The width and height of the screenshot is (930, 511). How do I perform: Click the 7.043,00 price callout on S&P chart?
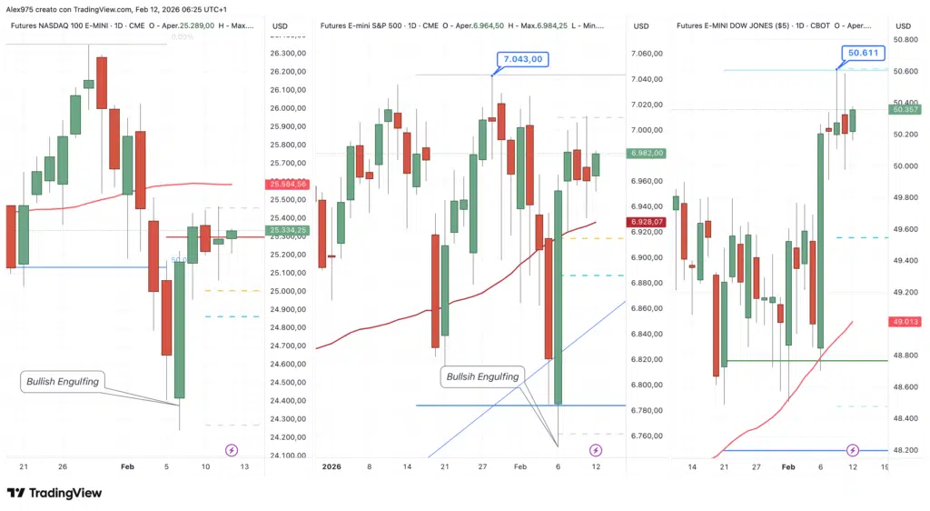click(x=522, y=59)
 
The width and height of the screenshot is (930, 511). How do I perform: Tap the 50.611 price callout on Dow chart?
click(x=862, y=54)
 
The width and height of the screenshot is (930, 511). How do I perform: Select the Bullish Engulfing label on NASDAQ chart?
click(x=62, y=382)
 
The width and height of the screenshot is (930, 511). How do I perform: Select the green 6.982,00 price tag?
click(x=646, y=153)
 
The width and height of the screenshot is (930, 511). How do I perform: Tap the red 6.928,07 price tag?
click(x=646, y=222)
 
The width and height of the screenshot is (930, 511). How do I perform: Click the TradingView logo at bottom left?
click(x=54, y=493)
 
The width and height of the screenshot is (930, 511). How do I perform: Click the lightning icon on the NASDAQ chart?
click(x=232, y=450)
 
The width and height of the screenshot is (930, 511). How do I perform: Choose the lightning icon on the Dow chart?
click(x=853, y=450)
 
